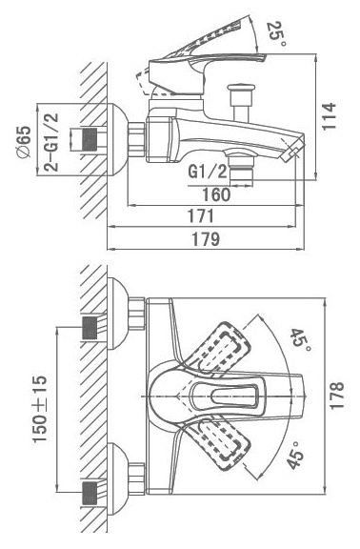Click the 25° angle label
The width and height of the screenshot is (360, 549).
coord(276,33)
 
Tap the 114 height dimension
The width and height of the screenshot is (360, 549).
coord(330,116)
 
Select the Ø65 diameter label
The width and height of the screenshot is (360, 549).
coord(25,142)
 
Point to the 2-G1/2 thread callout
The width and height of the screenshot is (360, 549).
coord(51,142)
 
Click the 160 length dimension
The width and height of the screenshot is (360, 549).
coord(216,194)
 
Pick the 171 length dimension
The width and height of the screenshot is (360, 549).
coord(201,216)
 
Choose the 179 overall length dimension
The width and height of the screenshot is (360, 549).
coord(206,239)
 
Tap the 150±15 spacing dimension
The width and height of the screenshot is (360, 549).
coord(40,409)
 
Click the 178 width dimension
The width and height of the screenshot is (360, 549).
coord(337,396)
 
